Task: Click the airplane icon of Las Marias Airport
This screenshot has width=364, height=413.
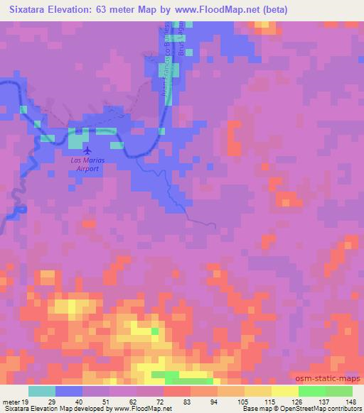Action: click(87, 150)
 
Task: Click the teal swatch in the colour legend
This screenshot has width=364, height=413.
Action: click(42, 390)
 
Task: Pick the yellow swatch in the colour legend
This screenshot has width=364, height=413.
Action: click(285, 390)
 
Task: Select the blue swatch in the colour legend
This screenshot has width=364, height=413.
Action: click(69, 390)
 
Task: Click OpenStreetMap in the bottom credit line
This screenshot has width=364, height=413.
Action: click(309, 409)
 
